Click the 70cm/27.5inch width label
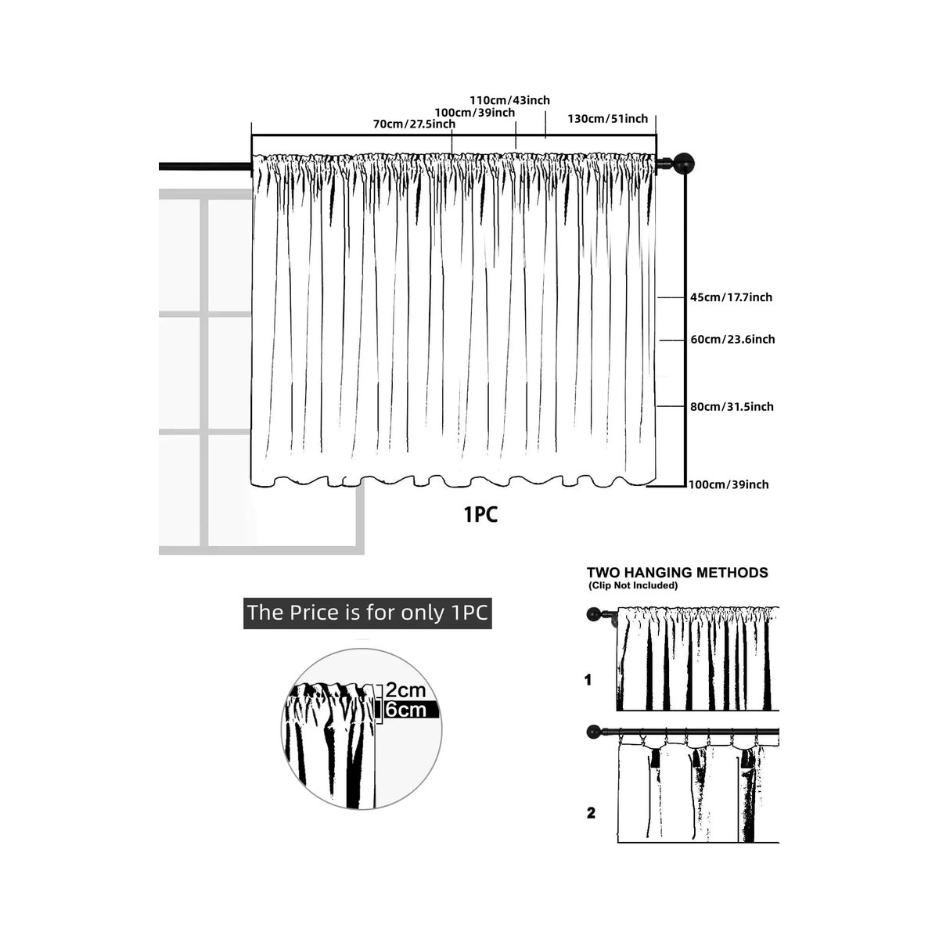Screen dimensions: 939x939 coord(414,124)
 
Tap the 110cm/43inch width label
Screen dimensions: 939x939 coord(509,100)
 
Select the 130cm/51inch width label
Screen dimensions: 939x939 coord(608,118)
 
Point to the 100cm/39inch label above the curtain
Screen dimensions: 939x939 coord(475,113)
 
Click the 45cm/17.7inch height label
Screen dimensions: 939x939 coord(731,297)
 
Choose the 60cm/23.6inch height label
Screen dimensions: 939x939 coord(732,339)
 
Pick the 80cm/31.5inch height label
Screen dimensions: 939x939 coord(732,406)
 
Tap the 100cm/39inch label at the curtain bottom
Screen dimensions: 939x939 coord(729,484)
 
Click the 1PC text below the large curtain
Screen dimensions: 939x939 coord(481,515)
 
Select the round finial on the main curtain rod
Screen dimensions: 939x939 coord(684,164)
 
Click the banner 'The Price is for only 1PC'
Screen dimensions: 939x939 coord(368,613)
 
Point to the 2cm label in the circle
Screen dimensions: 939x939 coord(405,690)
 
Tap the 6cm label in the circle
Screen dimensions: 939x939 coord(405,710)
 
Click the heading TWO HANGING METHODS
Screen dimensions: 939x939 coord(678,573)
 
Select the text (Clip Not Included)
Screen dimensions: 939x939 coord(632,586)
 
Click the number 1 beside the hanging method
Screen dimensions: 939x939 coord(588,680)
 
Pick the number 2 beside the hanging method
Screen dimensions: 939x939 coord(591,813)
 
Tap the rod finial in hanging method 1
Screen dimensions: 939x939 coord(593,614)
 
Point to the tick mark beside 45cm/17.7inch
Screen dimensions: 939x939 coord(671,297)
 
